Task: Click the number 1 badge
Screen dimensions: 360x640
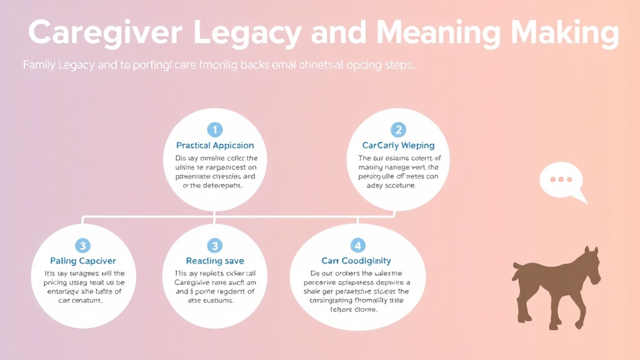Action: pyautogui.click(x=215, y=129)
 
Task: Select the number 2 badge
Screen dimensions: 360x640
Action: pyautogui.click(x=398, y=129)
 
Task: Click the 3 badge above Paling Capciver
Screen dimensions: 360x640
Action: pyautogui.click(x=83, y=245)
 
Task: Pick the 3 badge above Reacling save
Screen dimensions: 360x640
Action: pyautogui.click(x=215, y=245)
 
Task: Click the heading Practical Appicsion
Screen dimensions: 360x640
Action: pyautogui.click(x=215, y=146)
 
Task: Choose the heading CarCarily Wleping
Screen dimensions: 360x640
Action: pyautogui.click(x=398, y=146)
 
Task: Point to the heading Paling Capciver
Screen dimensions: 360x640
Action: pyautogui.click(x=83, y=261)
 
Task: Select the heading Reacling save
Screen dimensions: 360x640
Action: pyautogui.click(x=215, y=261)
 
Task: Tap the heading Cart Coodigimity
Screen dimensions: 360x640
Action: pyautogui.click(x=356, y=261)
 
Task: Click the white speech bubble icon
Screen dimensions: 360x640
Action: pyautogui.click(x=561, y=181)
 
